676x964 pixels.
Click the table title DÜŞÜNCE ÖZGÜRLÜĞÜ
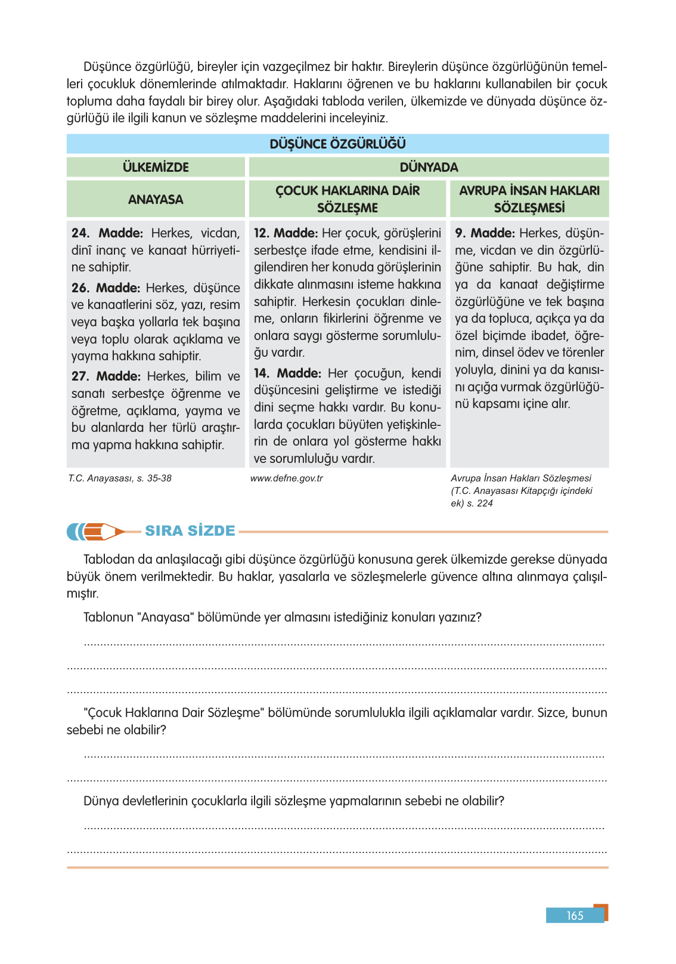(337, 144)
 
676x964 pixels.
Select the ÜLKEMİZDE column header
(156, 167)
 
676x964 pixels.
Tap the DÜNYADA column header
(429, 167)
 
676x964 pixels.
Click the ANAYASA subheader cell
(156, 199)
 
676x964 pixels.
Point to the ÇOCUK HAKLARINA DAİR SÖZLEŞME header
(347, 199)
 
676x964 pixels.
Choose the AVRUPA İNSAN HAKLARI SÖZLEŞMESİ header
(529, 199)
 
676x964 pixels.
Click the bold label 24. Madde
(107, 233)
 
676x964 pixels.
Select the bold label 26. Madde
(106, 288)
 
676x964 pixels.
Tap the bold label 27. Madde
(106, 376)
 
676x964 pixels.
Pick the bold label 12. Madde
(286, 233)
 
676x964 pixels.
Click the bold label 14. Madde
(287, 373)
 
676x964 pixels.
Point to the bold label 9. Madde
(485, 233)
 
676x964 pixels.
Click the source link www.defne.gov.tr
(287, 478)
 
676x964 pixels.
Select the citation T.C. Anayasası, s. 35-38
(120, 478)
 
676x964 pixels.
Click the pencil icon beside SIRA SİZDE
(96, 531)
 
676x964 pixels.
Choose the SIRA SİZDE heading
(190, 531)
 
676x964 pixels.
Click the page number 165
(575, 916)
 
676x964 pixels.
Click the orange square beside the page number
(601, 912)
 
